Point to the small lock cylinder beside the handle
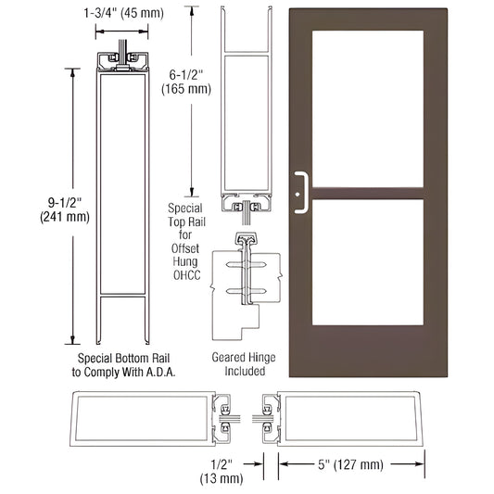[310, 195]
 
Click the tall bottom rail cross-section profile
[121, 199]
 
